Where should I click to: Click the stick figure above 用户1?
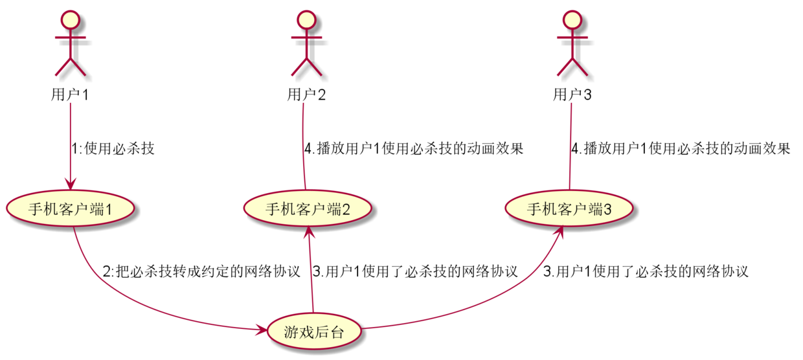tap(70, 42)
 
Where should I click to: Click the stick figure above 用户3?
tap(571, 42)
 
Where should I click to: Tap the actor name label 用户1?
tap(70, 95)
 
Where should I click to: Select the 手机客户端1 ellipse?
tap(71, 209)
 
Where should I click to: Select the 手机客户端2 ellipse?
tap(308, 209)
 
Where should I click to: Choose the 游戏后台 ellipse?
tap(313, 333)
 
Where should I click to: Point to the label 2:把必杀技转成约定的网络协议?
tap(201, 271)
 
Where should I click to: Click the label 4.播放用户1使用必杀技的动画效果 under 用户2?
tap(414, 148)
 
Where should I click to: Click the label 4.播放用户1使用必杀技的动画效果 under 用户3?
tap(681, 148)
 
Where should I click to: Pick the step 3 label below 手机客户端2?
tap(415, 271)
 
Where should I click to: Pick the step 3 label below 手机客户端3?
tap(646, 271)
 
